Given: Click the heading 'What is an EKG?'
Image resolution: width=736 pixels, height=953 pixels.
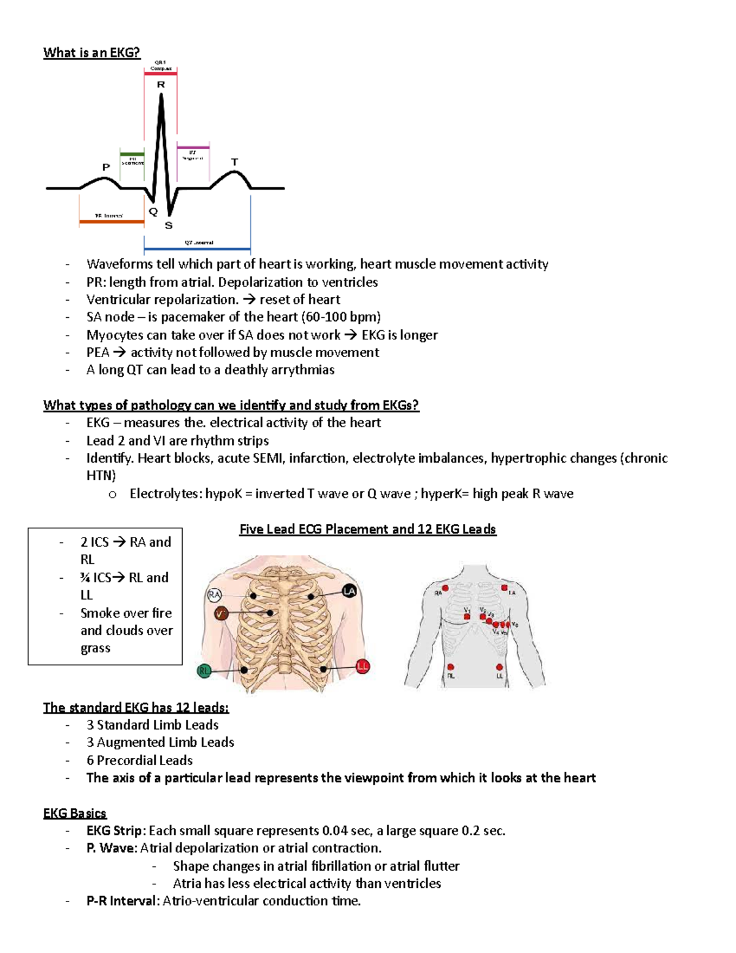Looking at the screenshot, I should point(91,53).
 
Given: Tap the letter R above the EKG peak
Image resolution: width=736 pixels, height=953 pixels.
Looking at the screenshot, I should point(161,85).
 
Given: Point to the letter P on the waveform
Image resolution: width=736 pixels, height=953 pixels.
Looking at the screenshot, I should point(106,167).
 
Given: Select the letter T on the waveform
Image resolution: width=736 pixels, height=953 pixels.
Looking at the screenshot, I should point(234,162).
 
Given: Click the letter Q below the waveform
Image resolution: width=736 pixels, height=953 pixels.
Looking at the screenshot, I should point(153,212).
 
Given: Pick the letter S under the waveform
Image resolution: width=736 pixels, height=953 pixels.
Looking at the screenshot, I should point(169,226).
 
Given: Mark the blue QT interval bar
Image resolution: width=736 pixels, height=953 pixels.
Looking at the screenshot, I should point(197,249).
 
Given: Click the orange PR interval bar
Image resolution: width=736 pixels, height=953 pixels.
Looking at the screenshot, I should point(112,222).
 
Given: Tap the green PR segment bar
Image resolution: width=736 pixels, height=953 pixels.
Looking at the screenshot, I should point(132,154).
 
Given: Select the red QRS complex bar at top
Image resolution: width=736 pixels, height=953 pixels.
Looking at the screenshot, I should point(161,74).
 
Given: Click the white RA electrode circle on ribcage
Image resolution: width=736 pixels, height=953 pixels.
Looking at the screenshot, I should point(213,595).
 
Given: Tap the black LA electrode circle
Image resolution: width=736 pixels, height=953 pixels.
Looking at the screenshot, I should point(349,591).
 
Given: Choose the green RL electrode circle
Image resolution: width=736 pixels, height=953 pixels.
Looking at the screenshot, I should point(204,671).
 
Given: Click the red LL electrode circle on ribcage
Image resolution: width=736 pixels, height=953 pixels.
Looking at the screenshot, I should point(362,666).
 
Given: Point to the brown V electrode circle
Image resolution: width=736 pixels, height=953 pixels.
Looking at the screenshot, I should point(221,613).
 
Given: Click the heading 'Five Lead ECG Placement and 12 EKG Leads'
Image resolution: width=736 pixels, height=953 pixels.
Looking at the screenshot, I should point(367,529).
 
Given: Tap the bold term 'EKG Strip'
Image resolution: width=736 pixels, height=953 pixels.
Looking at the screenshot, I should point(114,831).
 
